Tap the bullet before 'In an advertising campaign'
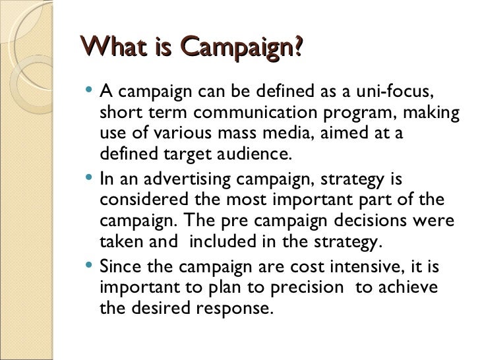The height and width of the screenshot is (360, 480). (90, 179)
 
